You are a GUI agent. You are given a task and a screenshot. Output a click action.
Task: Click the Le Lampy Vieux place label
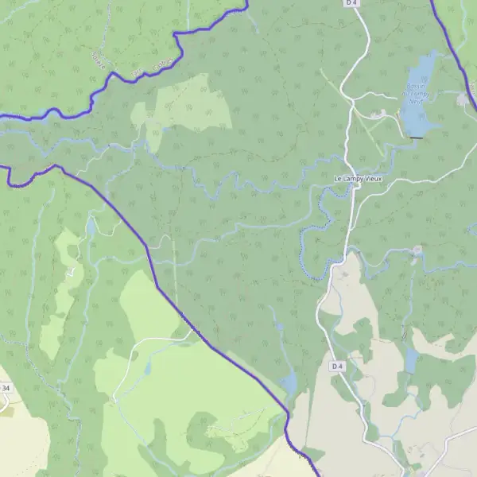(358, 178)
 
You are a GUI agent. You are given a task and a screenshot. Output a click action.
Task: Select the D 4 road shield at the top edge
(352, 3)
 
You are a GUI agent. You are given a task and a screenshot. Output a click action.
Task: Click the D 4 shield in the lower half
(337, 366)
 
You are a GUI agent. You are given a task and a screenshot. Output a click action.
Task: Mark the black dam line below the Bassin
(415, 138)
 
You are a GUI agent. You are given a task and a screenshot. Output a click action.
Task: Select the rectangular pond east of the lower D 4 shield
(410, 361)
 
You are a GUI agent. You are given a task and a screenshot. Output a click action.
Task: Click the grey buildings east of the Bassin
(463, 99)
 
